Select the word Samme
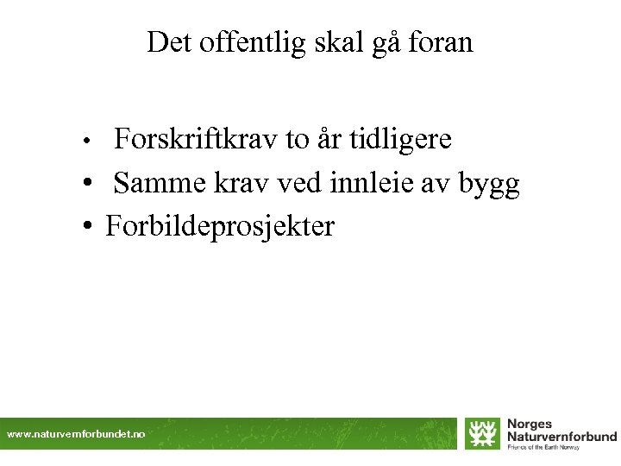159,183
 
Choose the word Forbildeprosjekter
219,227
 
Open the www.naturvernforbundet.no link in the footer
76,435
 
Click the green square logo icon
481,432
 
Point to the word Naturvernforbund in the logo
561,437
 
